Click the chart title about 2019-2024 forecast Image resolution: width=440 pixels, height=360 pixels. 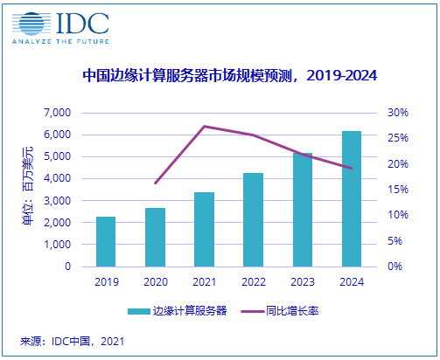[229, 76]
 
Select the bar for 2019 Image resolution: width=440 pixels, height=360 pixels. [106, 241]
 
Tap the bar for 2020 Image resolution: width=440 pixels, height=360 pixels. [155, 237]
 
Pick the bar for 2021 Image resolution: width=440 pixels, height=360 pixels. [204, 229]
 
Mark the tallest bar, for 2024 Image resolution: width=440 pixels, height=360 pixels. [351, 198]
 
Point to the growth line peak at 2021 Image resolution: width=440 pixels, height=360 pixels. [204, 127]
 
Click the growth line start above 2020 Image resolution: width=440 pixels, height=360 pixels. [155, 183]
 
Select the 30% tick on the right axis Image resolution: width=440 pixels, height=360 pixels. [399, 113]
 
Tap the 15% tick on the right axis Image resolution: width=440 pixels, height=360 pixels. [399, 190]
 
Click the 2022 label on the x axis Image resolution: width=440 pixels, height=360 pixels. [253, 281]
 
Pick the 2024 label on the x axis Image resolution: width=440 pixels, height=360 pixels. [351, 281]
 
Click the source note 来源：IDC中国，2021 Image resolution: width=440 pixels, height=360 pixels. [73, 342]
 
